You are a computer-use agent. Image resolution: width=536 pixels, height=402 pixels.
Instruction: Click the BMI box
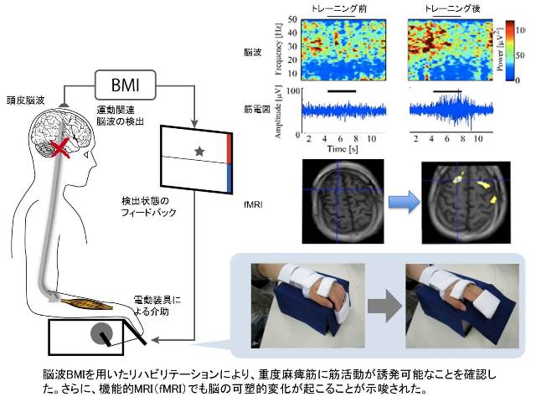[x=125, y=85]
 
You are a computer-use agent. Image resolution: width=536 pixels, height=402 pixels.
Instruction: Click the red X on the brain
[x=60, y=148]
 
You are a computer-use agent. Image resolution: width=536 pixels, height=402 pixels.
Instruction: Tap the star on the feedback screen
[x=199, y=151]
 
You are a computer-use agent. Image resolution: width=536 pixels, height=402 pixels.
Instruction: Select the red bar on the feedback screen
[x=229, y=148]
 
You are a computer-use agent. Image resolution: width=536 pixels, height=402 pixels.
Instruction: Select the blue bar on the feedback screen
[x=229, y=178]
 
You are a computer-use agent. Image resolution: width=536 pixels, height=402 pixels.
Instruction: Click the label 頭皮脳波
[x=26, y=100]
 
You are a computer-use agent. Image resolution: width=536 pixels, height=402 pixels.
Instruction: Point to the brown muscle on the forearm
[x=86, y=303]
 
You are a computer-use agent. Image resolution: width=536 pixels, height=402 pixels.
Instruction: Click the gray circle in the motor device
[x=102, y=333]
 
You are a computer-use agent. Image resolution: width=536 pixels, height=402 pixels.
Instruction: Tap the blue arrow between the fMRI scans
[x=404, y=202]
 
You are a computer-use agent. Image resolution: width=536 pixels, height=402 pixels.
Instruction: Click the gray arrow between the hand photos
[x=385, y=306]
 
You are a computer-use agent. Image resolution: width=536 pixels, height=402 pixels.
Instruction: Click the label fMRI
[x=253, y=204]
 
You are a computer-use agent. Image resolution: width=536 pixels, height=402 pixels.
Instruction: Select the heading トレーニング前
[x=338, y=8]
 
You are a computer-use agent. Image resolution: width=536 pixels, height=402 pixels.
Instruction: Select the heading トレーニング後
[x=452, y=8]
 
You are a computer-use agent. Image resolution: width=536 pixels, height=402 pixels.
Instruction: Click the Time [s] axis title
[x=343, y=149]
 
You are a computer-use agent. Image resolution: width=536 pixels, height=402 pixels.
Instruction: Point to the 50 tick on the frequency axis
[x=292, y=19]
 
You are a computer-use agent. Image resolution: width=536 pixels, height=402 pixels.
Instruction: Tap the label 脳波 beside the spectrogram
[x=253, y=52]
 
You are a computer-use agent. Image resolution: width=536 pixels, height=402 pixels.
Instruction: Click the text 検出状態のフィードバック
[x=149, y=207]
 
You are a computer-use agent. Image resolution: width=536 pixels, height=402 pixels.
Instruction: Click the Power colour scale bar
[x=510, y=50]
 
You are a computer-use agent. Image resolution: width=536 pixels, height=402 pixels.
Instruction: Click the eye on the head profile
[x=86, y=155]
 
